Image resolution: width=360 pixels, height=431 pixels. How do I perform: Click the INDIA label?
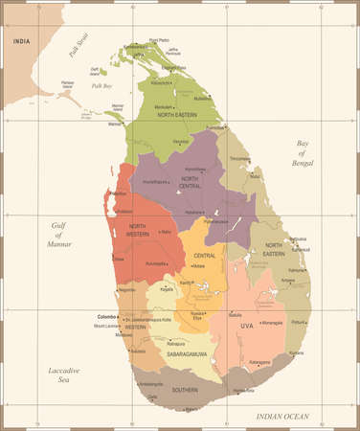(20, 41)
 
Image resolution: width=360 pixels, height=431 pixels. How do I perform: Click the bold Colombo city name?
(106, 316)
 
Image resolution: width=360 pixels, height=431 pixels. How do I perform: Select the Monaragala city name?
(269, 323)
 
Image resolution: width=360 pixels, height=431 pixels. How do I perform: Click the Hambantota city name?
(245, 391)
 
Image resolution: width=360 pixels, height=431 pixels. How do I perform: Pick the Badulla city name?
(236, 314)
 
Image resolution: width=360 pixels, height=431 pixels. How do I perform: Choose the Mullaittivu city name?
(203, 98)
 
